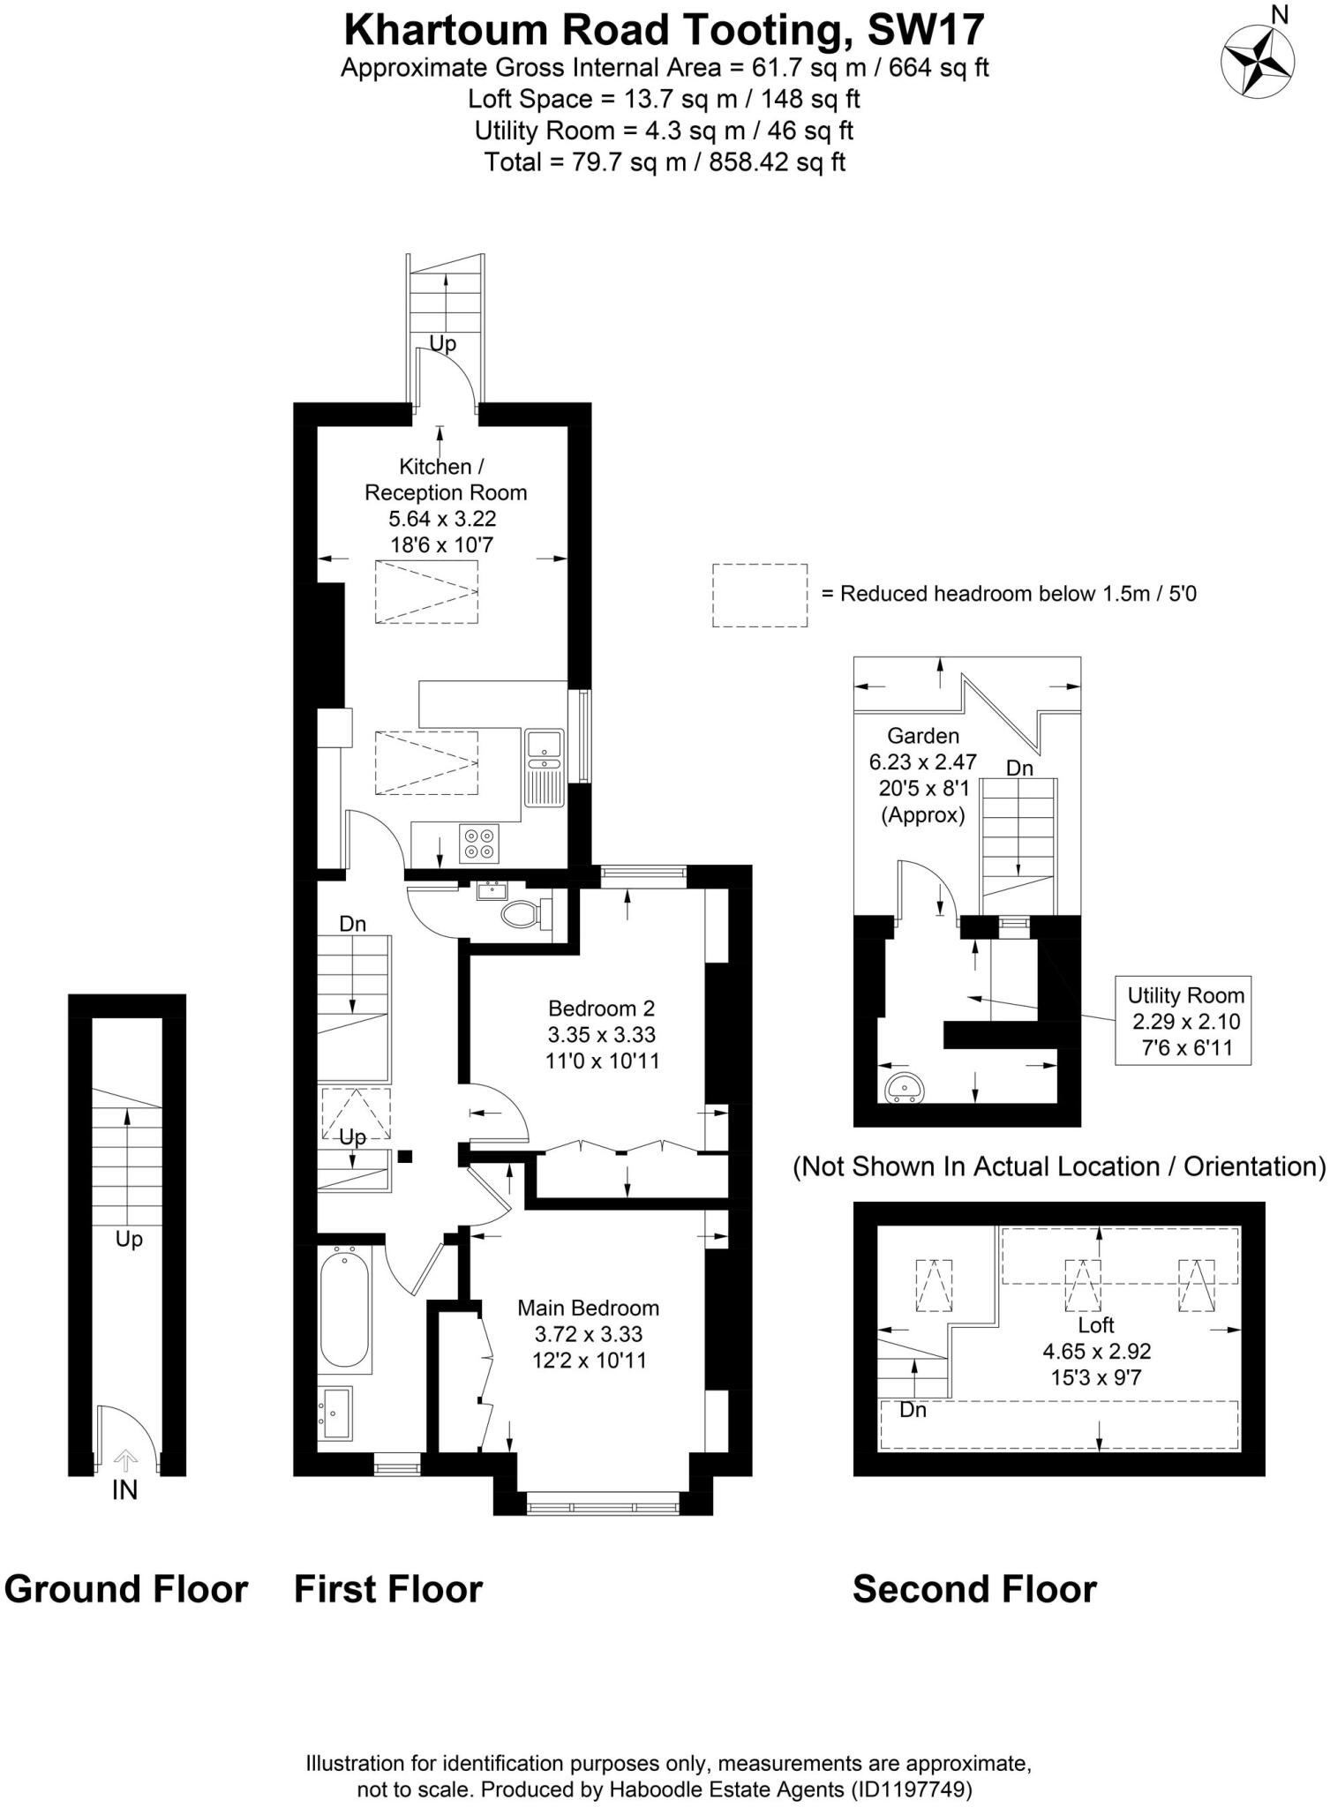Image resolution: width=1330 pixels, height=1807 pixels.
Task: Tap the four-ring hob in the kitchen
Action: tap(479, 842)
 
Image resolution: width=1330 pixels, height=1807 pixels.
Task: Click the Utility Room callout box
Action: tap(1183, 1021)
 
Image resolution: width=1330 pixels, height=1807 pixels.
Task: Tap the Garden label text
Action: tap(922, 735)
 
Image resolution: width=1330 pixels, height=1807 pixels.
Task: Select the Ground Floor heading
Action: tap(126, 1589)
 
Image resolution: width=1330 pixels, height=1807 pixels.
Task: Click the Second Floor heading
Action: tap(973, 1589)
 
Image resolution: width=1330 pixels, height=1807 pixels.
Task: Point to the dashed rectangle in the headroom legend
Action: tap(759, 596)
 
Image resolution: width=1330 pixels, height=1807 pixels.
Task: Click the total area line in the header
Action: tap(664, 162)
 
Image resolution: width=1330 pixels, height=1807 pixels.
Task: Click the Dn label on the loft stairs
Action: tap(913, 1410)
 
